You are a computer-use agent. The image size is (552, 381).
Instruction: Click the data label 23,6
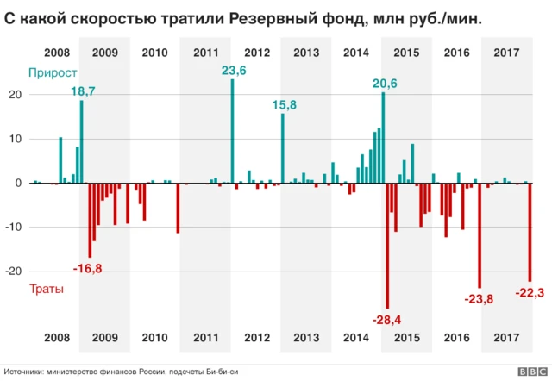click(x=234, y=72)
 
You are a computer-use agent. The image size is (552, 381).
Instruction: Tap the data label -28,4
click(x=387, y=320)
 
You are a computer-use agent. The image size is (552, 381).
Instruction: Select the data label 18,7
click(x=83, y=91)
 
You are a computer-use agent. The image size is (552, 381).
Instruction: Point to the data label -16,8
click(x=88, y=269)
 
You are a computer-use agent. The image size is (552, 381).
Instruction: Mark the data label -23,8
click(x=480, y=298)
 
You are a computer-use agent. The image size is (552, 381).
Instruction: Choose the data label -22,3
click(x=529, y=293)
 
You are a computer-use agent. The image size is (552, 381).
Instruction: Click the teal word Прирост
click(x=53, y=74)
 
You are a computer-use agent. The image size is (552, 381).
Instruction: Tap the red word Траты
click(x=47, y=290)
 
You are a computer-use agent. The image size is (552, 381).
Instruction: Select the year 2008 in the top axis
click(x=57, y=53)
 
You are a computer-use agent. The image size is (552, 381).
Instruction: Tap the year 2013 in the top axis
click(x=306, y=53)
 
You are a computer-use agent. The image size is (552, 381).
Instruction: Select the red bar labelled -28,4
click(x=387, y=246)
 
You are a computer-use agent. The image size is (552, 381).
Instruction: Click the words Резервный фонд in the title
click(x=280, y=16)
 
